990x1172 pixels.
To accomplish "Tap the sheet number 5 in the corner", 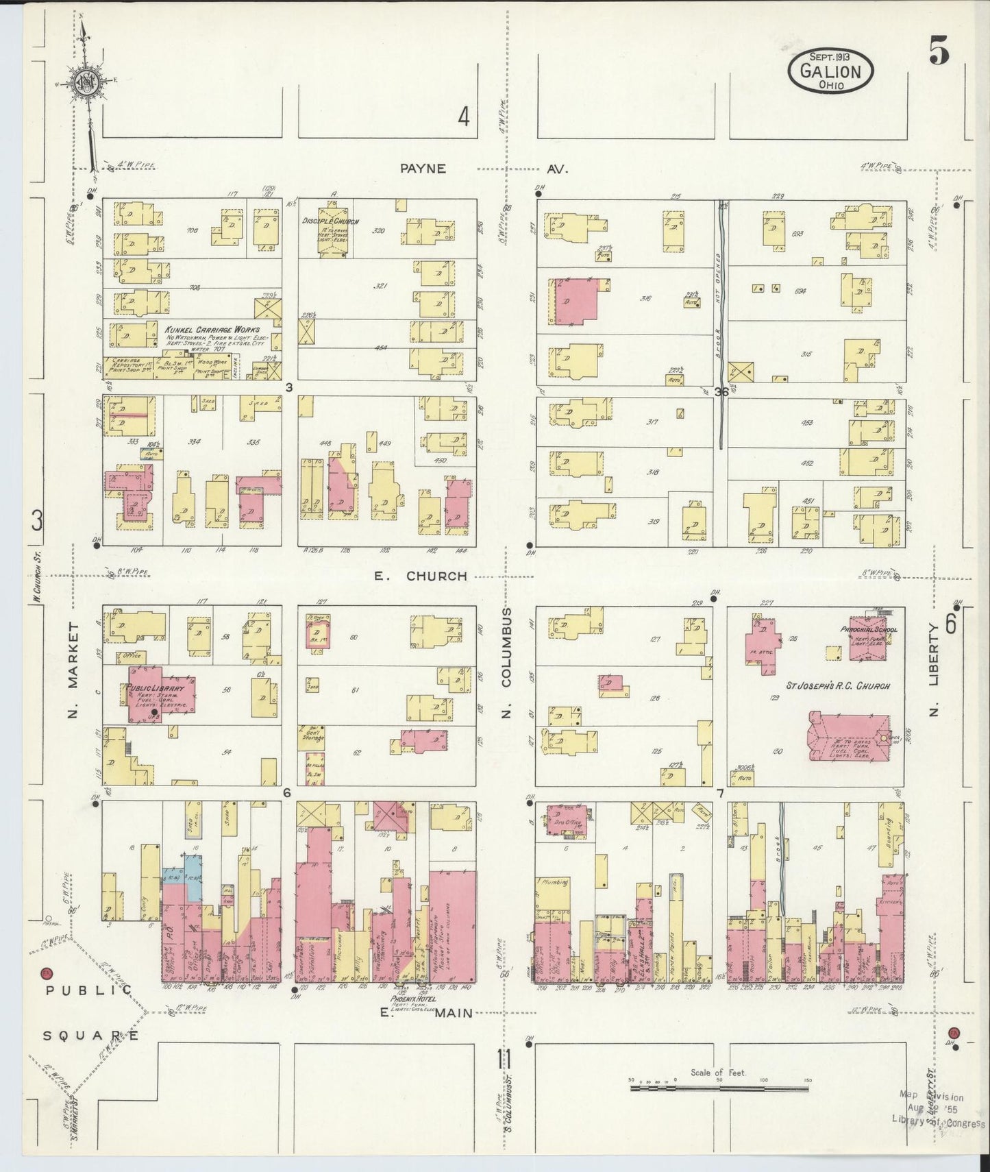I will (x=939, y=52).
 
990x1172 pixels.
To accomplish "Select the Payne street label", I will (x=423, y=168).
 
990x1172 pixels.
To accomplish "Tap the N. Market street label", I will (x=73, y=671).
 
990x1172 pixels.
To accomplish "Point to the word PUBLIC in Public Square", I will (x=88, y=990).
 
